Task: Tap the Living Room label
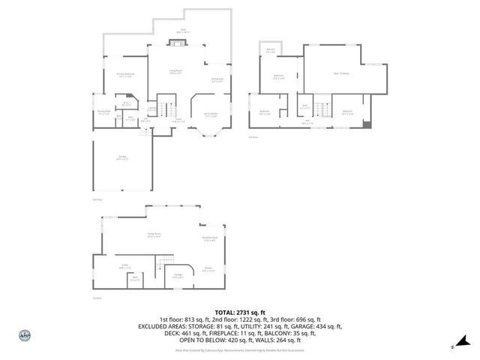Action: coord(175,73)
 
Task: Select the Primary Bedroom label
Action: coord(125,75)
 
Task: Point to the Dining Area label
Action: coord(217,80)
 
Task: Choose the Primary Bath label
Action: coord(104,113)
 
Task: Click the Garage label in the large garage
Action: coord(121,158)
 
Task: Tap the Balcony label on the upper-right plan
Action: coord(270,51)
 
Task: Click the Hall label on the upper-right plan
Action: coord(308,121)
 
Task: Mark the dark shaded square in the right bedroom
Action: coord(366,124)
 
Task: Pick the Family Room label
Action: coord(154,235)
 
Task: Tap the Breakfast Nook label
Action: coord(209,239)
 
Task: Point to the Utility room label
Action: coord(124,266)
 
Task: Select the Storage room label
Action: coord(178,275)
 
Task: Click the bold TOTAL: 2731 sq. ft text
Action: coord(240,312)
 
